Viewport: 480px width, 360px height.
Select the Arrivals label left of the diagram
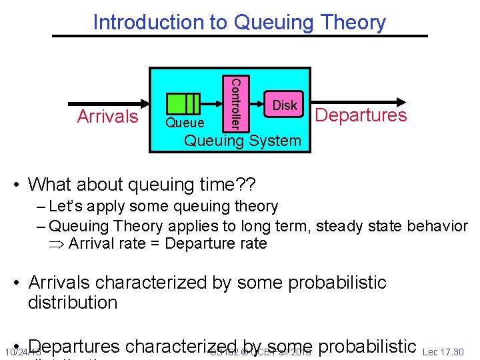(107, 116)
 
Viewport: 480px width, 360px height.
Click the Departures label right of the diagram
(361, 115)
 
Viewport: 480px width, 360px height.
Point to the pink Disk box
(285, 105)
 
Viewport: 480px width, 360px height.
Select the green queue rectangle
(183, 104)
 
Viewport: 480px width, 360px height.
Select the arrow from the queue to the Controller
(211, 104)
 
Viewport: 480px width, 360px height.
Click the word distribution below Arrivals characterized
(73, 302)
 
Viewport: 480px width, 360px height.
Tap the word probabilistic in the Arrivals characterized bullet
(328, 282)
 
